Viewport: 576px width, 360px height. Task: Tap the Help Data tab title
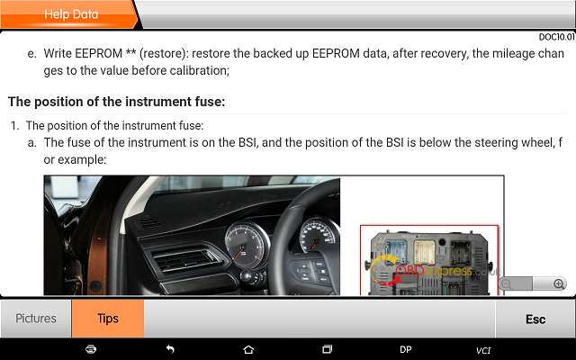pyautogui.click(x=71, y=14)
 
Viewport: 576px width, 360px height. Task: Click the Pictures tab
pyautogui.click(x=36, y=319)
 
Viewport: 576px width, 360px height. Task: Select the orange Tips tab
pyautogui.click(x=108, y=319)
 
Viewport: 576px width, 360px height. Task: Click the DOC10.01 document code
pyautogui.click(x=556, y=37)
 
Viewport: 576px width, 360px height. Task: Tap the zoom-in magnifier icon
pyautogui.click(x=559, y=283)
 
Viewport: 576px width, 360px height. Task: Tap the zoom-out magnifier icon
pyautogui.click(x=507, y=284)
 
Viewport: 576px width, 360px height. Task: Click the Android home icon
pyautogui.click(x=248, y=349)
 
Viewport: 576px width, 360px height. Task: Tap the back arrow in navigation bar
pyautogui.click(x=170, y=349)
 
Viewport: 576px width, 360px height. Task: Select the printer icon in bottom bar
pyautogui.click(x=91, y=349)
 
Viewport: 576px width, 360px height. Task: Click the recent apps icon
pyautogui.click(x=327, y=349)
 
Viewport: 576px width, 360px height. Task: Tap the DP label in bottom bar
pyautogui.click(x=406, y=349)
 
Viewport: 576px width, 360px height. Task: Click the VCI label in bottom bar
pyautogui.click(x=483, y=350)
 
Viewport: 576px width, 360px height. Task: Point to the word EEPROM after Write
pyautogui.click(x=98, y=53)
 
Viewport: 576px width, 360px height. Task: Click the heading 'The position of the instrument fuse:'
pyautogui.click(x=116, y=102)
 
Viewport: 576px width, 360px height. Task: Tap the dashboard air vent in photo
pyautogui.click(x=184, y=260)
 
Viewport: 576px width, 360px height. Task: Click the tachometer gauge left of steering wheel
pyautogui.click(x=246, y=243)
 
